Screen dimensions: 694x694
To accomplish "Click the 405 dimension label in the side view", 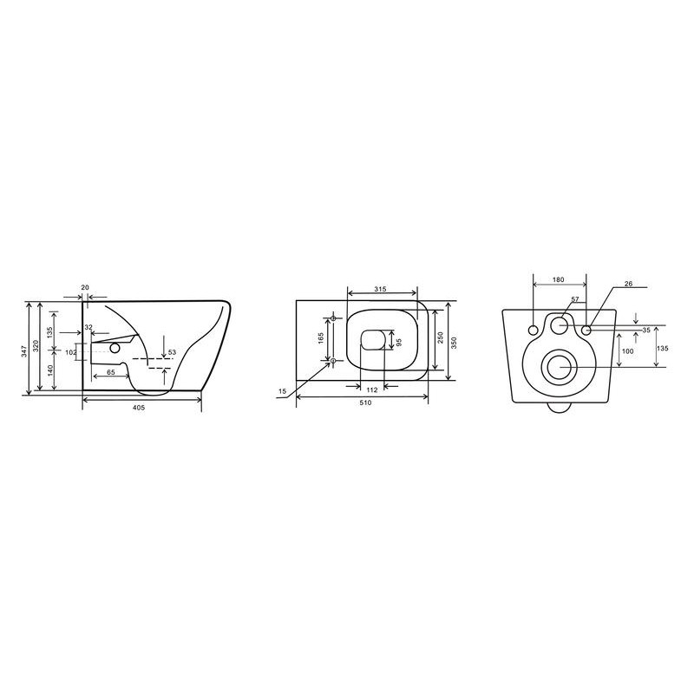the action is [139, 408].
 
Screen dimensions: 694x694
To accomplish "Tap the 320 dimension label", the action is [36, 345].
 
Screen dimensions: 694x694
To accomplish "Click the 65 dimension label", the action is [111, 372].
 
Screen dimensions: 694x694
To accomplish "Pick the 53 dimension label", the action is [172, 352].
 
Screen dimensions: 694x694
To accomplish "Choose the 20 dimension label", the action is [85, 287].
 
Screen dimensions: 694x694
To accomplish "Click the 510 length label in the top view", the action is [365, 403].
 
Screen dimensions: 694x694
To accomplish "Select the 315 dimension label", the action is [380, 289].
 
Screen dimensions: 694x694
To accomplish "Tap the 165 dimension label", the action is [321, 337].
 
